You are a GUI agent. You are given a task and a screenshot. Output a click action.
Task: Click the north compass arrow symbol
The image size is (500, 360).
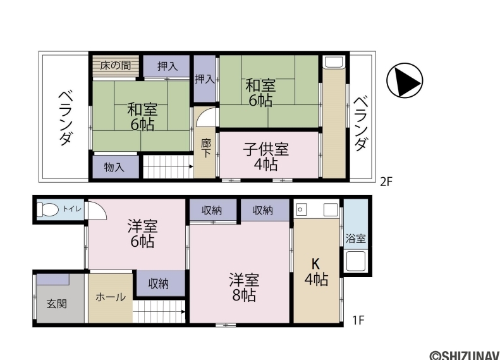(405, 80)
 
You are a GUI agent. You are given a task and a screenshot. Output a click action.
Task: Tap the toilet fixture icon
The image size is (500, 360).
(48, 209)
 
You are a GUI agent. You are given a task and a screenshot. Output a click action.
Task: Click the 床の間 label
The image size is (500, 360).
(116, 66)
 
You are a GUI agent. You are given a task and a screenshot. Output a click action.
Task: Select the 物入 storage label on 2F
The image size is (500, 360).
(114, 167)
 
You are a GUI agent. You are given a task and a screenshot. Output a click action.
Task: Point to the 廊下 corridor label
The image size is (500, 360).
(206, 149)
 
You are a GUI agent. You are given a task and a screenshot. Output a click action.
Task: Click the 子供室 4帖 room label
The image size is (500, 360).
(266, 157)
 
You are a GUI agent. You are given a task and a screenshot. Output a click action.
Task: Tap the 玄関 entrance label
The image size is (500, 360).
(57, 304)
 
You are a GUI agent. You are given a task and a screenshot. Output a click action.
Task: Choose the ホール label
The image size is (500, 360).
(111, 297)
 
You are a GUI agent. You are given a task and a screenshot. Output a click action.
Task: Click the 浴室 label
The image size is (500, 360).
(355, 239)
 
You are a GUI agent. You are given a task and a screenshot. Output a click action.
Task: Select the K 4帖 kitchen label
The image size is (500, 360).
(316, 272)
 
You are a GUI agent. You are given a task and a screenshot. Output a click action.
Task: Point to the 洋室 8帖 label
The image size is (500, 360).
(244, 287)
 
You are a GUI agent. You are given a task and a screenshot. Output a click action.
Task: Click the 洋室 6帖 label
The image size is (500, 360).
(142, 233)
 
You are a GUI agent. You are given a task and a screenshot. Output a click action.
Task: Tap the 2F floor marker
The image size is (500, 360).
(386, 182)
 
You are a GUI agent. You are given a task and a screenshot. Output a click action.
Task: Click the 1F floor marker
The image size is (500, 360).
(358, 320)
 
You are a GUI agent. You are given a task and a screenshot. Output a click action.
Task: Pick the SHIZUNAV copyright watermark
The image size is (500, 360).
(464, 355)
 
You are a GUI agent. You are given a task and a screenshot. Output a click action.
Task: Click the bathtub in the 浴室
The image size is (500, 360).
(355, 261)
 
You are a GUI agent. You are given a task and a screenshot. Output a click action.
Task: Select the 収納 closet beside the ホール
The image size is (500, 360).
(159, 283)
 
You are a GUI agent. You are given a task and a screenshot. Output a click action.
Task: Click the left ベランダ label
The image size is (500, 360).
(65, 118)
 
